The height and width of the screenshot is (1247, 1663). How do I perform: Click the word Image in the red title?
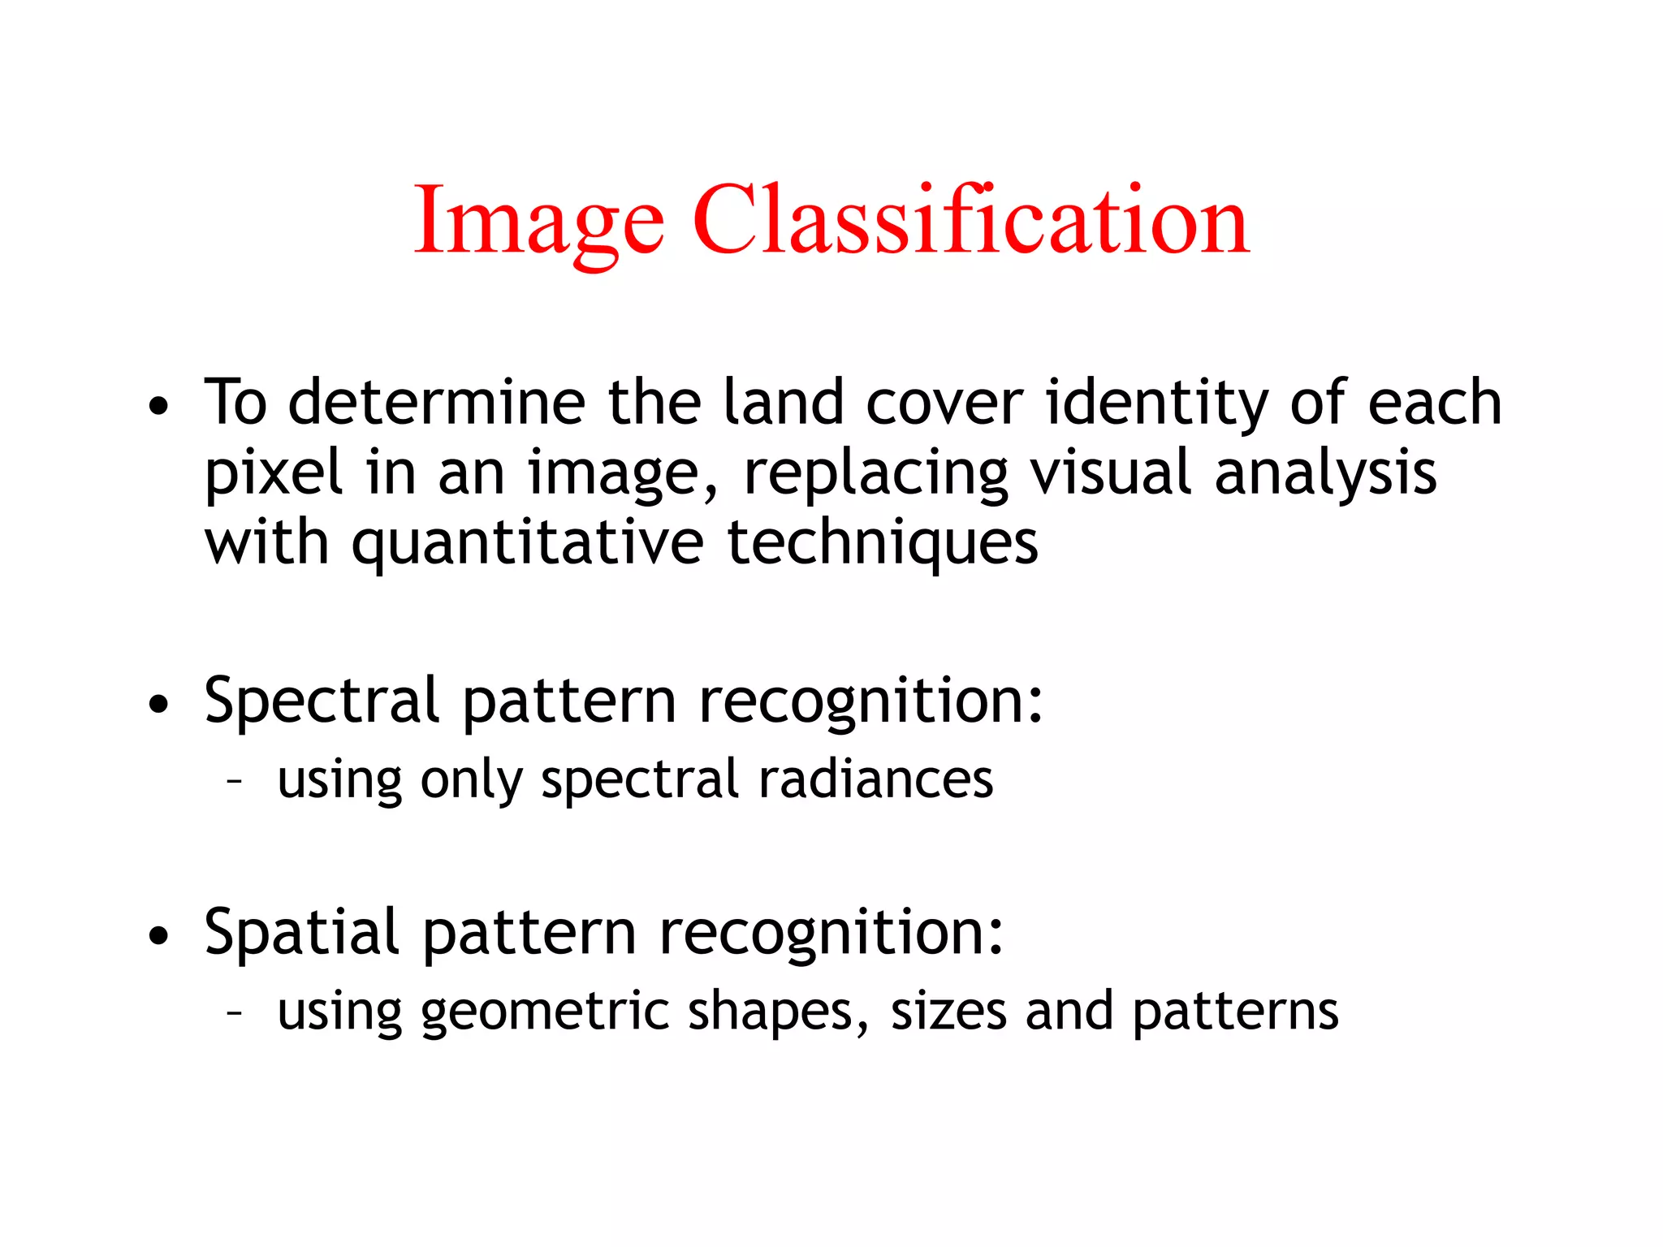[539, 221]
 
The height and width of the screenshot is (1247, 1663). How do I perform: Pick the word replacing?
[875, 474]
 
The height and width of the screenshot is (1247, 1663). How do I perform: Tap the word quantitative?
[528, 544]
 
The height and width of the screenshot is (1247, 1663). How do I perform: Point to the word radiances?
[875, 779]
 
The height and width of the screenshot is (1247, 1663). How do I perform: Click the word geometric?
[544, 1012]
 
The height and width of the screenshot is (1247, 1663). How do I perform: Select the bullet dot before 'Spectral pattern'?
[159, 704]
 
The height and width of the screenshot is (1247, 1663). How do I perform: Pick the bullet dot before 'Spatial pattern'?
[159, 935]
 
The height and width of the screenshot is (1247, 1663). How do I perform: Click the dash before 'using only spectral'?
[235, 781]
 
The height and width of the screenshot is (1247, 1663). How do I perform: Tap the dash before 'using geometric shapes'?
[235, 1012]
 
